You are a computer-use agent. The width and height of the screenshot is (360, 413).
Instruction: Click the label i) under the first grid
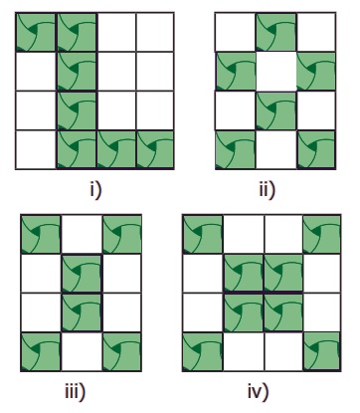coord(95,191)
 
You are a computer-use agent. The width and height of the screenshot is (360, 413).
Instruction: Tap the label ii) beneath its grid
coord(268,191)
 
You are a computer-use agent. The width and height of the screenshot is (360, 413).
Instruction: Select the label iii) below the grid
coord(75,391)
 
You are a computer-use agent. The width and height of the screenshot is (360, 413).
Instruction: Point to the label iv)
coord(259,391)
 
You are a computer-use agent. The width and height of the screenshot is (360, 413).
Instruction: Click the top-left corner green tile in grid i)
coord(36,32)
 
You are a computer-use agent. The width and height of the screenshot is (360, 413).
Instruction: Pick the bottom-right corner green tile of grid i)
coord(155,149)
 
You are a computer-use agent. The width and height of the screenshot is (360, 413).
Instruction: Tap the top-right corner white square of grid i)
coord(155,32)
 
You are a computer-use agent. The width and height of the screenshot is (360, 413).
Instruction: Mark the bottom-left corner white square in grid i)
coord(36,149)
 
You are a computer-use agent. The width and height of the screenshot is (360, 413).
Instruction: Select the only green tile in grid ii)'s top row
coord(275,32)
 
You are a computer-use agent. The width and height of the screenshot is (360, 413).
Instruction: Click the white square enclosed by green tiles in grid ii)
coord(276,71)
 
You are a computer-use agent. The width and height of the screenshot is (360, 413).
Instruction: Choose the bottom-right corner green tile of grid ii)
coord(316,149)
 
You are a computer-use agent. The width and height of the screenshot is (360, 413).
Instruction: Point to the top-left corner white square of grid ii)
coord(236,32)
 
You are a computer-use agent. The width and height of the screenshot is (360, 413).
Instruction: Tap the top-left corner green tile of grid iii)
coord(41,234)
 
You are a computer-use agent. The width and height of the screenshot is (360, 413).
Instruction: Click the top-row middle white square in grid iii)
coord(82,234)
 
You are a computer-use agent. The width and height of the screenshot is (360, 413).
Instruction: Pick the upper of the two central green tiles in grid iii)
coord(82,274)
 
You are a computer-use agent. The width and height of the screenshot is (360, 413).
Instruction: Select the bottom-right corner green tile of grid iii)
coord(122,351)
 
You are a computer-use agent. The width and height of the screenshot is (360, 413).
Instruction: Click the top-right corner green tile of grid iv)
coord(321,234)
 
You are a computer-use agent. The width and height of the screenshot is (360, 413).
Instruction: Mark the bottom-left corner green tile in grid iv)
coord(203,351)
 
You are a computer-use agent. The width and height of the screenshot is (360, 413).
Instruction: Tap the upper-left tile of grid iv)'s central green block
coord(244,273)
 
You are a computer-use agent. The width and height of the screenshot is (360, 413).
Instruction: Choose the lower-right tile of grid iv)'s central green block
coord(283,312)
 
